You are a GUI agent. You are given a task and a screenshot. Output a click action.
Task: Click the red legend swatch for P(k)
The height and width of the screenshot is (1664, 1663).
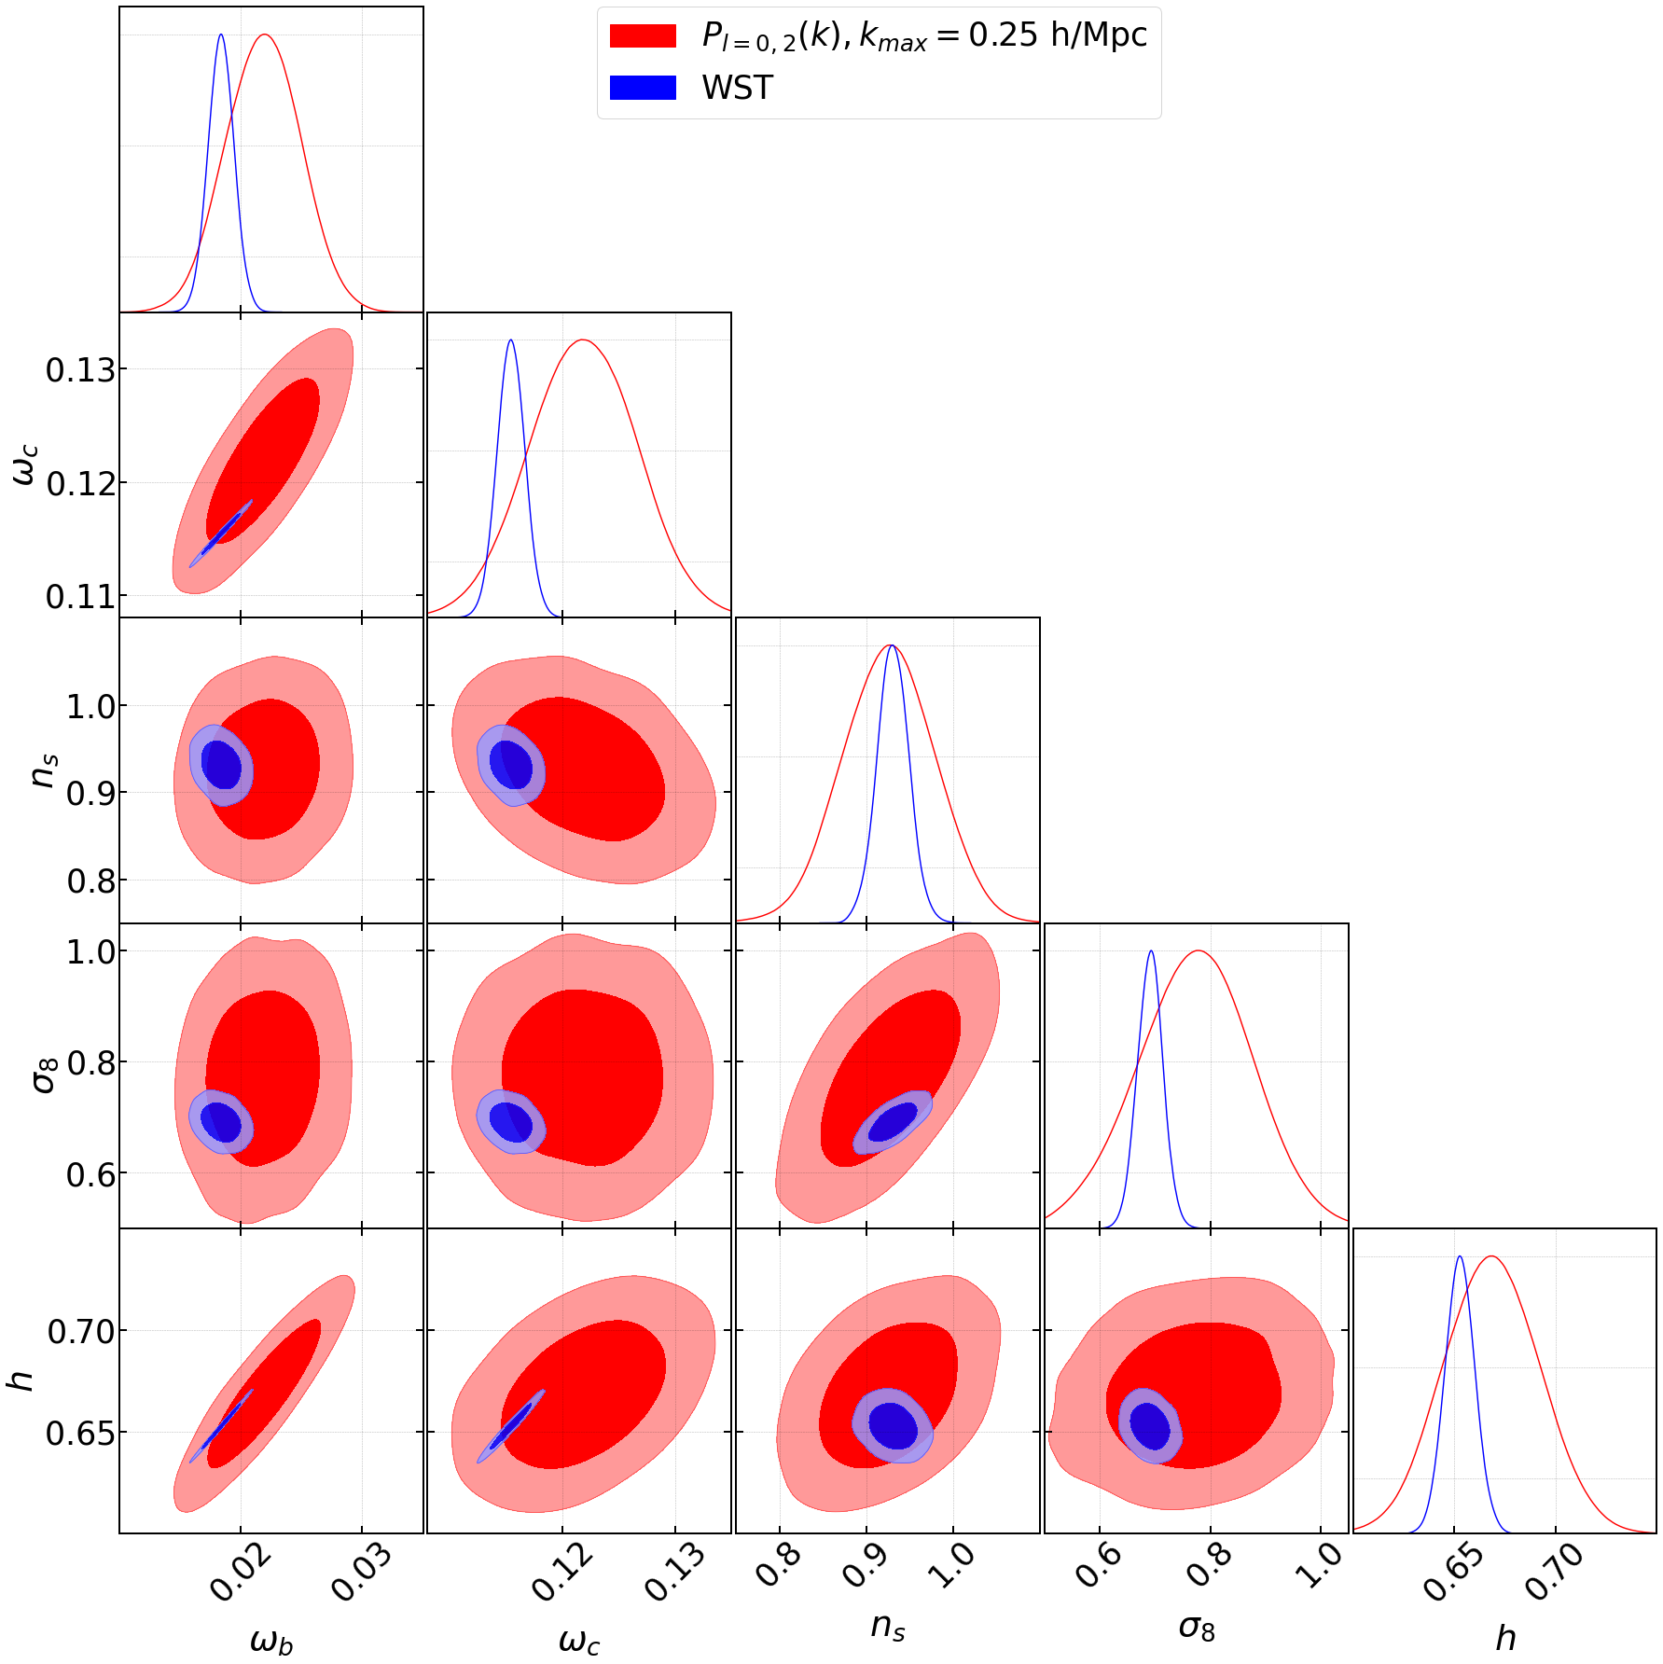[x=643, y=35]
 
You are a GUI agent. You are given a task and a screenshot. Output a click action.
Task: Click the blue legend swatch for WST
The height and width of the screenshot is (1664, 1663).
[x=643, y=88]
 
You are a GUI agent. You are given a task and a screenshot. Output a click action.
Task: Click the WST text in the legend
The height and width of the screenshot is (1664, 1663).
[x=737, y=88]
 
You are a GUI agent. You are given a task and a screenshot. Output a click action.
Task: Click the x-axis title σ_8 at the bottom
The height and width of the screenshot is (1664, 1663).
[x=1197, y=1628]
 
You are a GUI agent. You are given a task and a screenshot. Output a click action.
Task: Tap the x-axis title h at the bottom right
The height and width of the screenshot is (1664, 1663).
[x=1504, y=1637]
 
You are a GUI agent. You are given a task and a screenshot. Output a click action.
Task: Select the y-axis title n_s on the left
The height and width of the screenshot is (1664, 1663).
[x=43, y=770]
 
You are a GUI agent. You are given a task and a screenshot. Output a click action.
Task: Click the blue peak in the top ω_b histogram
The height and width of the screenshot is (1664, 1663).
[x=220, y=35]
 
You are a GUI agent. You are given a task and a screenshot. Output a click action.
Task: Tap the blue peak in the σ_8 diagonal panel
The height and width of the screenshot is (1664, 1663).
[x=1151, y=952]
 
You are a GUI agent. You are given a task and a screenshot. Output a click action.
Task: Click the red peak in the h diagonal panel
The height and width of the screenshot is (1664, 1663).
[x=1492, y=1257]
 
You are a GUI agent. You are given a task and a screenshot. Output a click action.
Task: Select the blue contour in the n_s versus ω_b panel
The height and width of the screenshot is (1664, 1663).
[x=222, y=765]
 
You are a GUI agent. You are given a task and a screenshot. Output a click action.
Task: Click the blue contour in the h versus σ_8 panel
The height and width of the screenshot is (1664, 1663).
[x=1151, y=1425]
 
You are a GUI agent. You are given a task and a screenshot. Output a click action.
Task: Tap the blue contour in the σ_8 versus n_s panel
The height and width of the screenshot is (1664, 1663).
[x=893, y=1122]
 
